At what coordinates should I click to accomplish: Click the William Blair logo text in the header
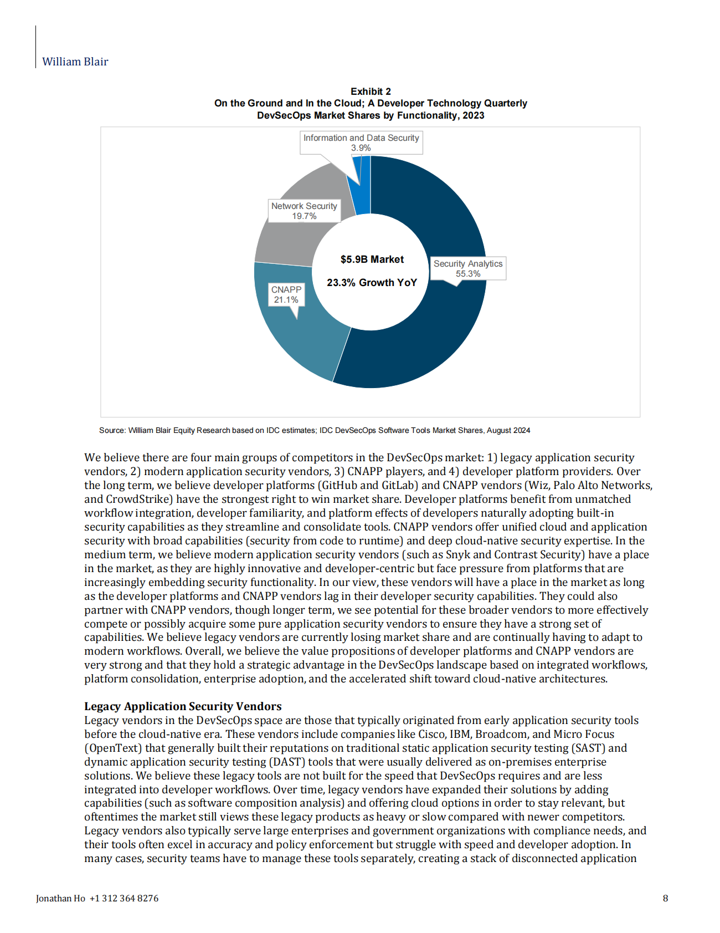pyautogui.click(x=75, y=62)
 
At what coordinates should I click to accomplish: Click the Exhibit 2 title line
pyautogui.click(x=371, y=91)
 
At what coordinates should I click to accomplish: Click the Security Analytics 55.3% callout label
pyautogui.click(x=468, y=269)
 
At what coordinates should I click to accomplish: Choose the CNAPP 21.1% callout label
pyautogui.click(x=286, y=295)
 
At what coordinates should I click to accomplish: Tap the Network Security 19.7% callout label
pyautogui.click(x=304, y=211)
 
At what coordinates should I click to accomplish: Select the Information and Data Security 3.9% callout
pyautogui.click(x=361, y=142)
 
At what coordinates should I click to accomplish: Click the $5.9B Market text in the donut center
pyautogui.click(x=372, y=259)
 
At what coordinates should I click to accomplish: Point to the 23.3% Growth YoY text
pyautogui.click(x=372, y=283)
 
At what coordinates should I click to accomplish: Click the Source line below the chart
pyautogui.click(x=315, y=430)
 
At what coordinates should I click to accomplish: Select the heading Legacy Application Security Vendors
pyautogui.click(x=183, y=706)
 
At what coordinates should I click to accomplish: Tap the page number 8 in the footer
pyautogui.click(x=665, y=898)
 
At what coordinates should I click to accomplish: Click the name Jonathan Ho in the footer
pyautogui.click(x=60, y=898)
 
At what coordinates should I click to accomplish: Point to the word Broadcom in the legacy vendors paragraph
pyautogui.click(x=502, y=734)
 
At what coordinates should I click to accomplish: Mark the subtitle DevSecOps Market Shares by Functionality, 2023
pyautogui.click(x=371, y=115)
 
